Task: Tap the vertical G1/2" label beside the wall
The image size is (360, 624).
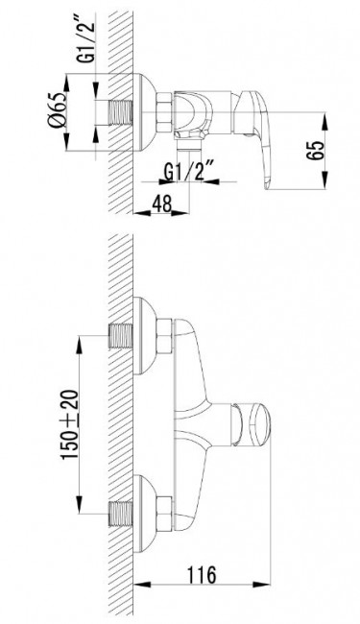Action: [86, 39]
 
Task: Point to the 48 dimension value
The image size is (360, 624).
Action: [161, 204]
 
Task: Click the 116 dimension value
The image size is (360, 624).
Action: [202, 574]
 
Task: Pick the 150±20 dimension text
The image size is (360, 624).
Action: [70, 425]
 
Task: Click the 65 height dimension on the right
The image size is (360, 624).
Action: [316, 151]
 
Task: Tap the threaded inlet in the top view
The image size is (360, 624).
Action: [120, 112]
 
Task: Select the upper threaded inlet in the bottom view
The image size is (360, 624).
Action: [120, 336]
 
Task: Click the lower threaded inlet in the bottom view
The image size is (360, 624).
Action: [120, 515]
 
